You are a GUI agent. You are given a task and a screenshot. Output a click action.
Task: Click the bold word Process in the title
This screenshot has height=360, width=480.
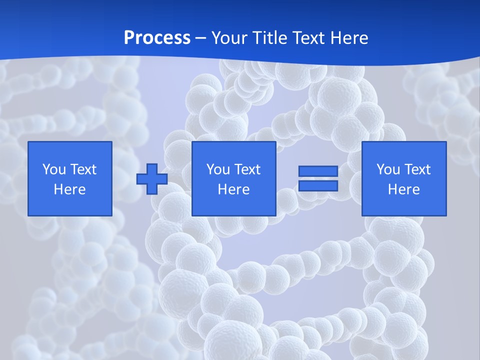click(x=157, y=38)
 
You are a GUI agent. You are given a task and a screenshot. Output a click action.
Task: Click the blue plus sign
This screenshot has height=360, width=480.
click(x=152, y=178)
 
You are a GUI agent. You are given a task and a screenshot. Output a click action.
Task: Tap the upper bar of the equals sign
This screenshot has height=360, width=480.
click(x=318, y=171)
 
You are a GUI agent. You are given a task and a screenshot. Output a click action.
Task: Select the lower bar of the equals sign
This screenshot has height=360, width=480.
click(x=318, y=185)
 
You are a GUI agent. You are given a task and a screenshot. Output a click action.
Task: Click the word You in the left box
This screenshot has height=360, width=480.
click(x=54, y=169)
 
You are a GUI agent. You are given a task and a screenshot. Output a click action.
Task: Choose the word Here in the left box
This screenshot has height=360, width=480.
click(x=69, y=189)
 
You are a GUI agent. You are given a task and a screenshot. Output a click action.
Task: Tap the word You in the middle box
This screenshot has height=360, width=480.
click(x=218, y=169)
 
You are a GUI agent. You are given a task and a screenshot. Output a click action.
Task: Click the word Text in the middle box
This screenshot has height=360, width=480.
click(x=246, y=169)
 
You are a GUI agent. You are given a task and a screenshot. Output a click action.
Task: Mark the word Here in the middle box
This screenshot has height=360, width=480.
click(x=233, y=189)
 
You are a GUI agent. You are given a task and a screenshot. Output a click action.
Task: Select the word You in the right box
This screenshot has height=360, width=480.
click(x=388, y=169)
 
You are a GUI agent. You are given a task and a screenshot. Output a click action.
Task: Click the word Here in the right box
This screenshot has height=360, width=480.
click(x=403, y=189)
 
